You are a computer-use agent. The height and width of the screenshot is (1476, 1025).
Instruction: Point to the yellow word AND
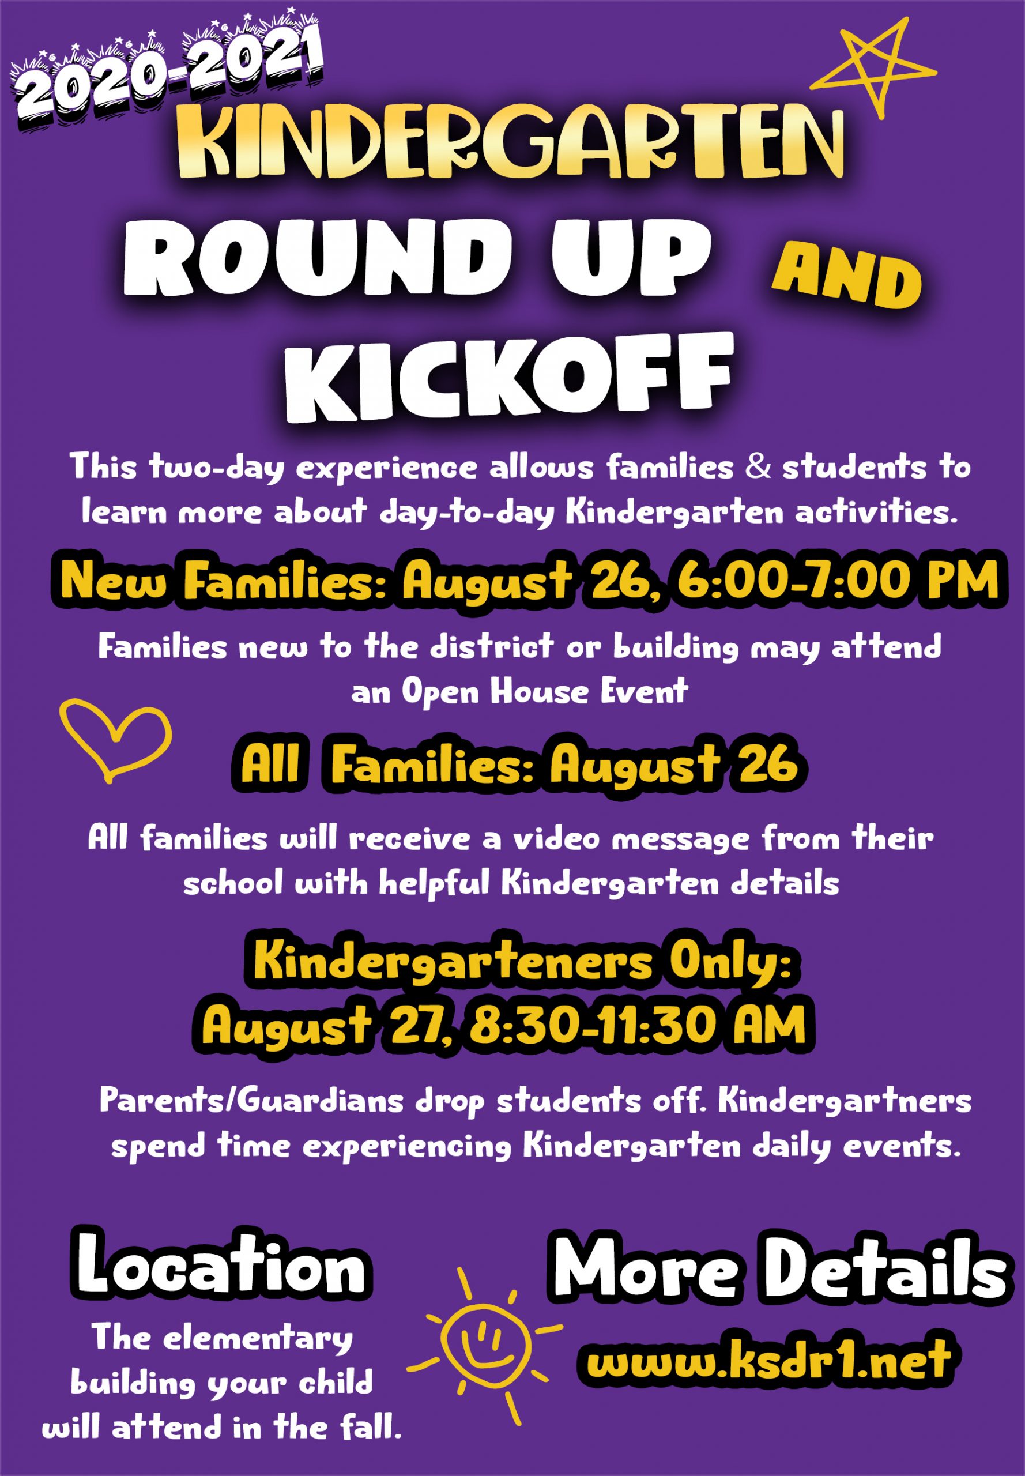pos(846,277)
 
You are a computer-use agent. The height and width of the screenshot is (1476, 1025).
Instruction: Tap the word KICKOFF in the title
pos(508,378)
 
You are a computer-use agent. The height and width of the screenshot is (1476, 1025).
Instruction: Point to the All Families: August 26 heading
pos(519,766)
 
